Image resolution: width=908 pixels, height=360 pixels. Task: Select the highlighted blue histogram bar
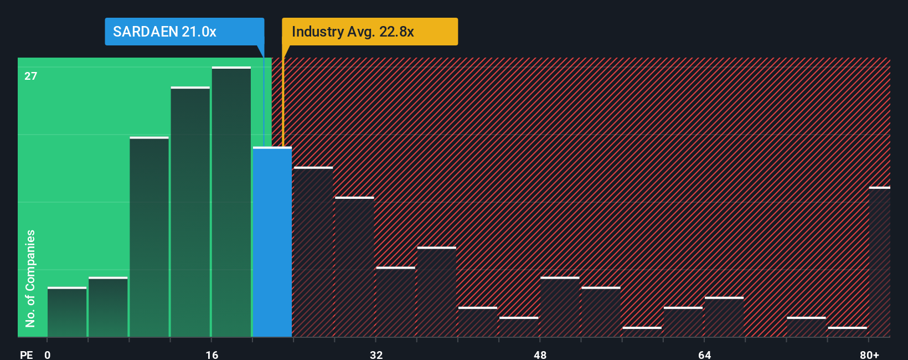tap(272, 242)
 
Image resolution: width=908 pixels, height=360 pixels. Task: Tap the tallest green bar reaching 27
tap(231, 202)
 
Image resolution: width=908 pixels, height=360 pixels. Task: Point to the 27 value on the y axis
tap(31, 76)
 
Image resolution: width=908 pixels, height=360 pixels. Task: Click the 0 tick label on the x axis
tap(48, 354)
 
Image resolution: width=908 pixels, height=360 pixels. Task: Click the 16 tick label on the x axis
tap(212, 354)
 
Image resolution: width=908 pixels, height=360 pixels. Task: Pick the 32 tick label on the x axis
tap(376, 354)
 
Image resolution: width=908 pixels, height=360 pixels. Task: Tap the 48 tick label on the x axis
tap(540, 354)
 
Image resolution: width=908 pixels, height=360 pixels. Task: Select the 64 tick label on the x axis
tap(704, 354)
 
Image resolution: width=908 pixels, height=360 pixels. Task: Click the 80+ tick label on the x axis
tap(869, 354)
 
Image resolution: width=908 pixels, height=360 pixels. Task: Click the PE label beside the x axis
tap(27, 354)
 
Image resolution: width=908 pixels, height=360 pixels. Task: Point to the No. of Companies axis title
tap(30, 278)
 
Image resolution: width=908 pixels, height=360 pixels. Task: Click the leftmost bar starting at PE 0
tap(67, 312)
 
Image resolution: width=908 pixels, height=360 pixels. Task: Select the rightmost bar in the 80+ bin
tap(880, 262)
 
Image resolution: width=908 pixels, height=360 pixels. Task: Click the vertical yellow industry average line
tap(282, 100)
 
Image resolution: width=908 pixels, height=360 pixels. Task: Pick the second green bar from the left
tap(108, 307)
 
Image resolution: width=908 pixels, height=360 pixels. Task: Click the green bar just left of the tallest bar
tap(190, 212)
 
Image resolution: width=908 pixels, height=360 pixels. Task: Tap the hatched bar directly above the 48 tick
tap(560, 307)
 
